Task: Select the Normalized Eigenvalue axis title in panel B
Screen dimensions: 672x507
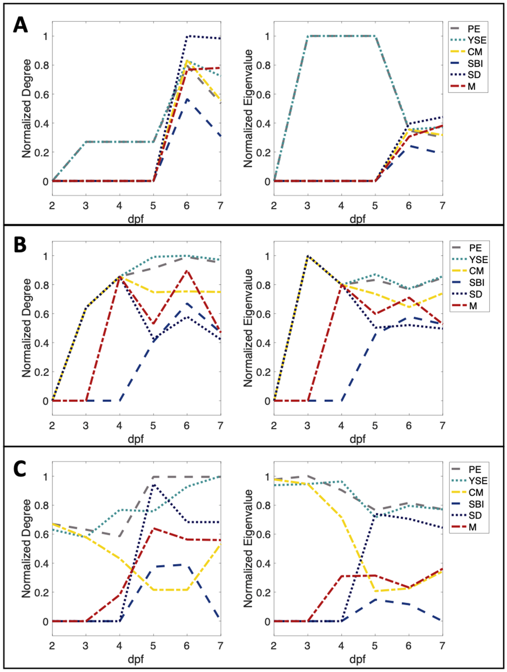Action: [x=248, y=328]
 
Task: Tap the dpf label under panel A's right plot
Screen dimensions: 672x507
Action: [x=358, y=219]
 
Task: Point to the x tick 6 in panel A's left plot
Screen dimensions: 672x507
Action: [x=187, y=206]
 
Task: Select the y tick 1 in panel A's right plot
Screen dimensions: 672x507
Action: [x=266, y=36]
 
